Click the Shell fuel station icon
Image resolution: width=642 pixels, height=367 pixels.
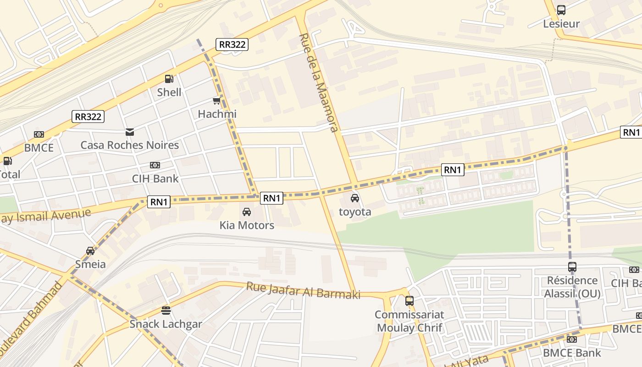(169, 79)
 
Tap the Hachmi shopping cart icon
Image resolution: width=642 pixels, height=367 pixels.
(216, 100)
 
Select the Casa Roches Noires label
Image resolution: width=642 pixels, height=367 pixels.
(130, 145)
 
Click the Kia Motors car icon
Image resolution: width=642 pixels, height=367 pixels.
(247, 212)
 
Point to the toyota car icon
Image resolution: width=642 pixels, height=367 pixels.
(354, 198)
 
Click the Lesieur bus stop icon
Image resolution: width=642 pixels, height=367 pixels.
(561, 10)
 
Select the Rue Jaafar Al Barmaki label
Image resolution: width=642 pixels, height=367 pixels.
(303, 290)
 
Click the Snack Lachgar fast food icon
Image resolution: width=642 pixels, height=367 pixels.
(166, 311)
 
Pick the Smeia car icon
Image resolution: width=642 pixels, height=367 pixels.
(90, 251)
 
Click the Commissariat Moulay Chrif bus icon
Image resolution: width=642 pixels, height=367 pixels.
(410, 301)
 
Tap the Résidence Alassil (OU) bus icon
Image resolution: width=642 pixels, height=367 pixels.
(572, 267)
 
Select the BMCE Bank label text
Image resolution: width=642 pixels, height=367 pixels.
(571, 353)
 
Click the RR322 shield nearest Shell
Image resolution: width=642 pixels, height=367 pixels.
(232, 44)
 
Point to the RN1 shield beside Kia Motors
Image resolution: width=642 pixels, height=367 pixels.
(272, 198)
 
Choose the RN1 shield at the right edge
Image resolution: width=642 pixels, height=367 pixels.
(631, 132)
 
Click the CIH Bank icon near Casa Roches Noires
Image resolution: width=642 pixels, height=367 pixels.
(155, 165)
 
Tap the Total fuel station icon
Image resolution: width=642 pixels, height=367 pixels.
(7, 161)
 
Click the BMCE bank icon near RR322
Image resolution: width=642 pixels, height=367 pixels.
(39, 134)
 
